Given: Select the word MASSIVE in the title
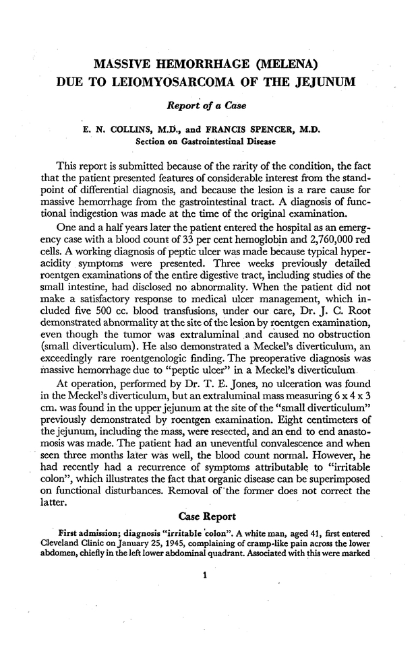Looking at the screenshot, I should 126,65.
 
